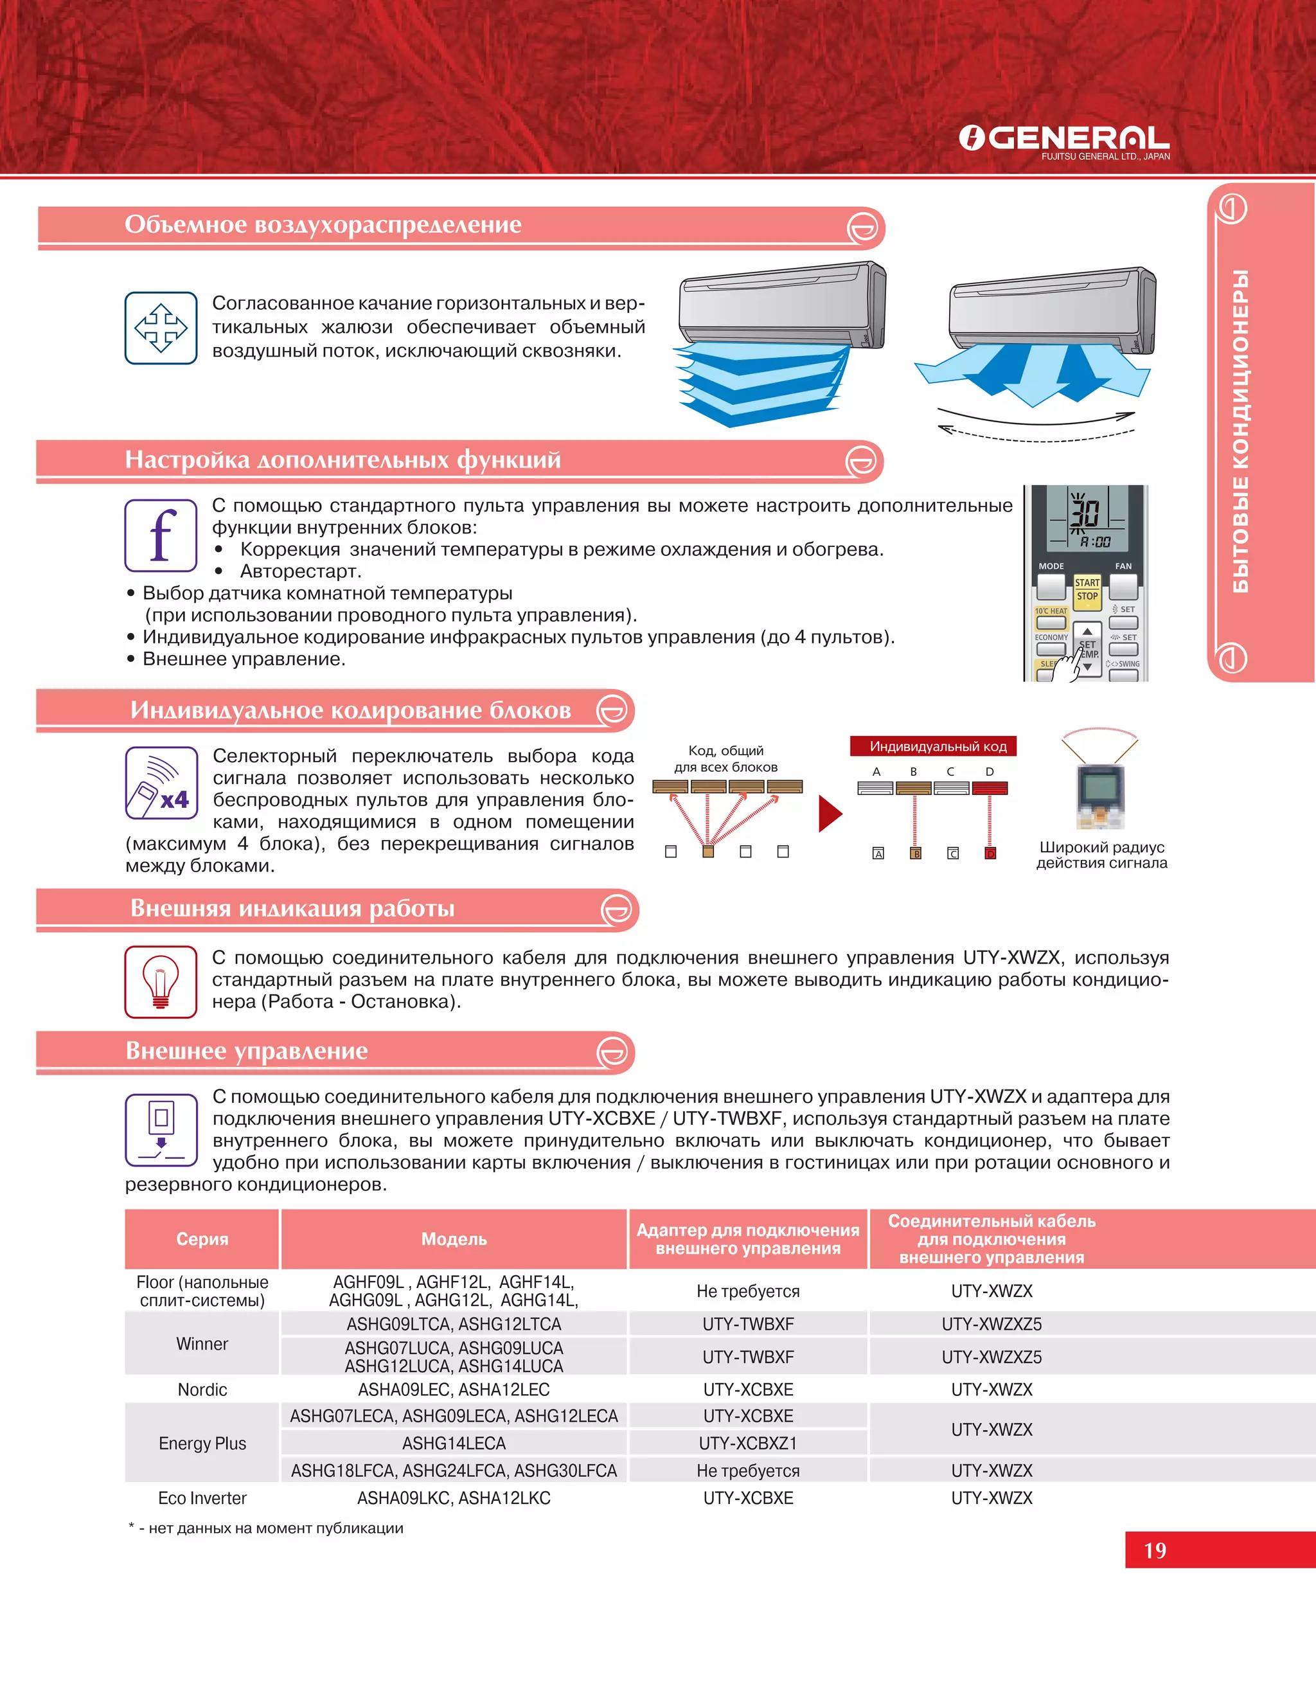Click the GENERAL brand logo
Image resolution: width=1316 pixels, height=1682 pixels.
point(1063,140)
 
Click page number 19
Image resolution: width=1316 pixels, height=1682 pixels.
point(1154,1550)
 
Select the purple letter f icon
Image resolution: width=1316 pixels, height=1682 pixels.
point(161,535)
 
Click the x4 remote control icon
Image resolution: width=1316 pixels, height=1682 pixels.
point(161,783)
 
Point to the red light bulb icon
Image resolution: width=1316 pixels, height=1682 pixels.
point(161,981)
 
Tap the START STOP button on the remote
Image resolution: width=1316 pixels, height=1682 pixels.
point(1087,590)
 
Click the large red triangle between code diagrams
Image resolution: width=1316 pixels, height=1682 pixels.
point(829,814)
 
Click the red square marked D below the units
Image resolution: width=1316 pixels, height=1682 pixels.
point(990,853)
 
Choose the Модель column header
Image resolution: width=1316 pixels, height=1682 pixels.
point(454,1239)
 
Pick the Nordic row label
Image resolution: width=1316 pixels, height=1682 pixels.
point(202,1390)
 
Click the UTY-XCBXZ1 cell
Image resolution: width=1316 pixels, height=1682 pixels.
point(747,1443)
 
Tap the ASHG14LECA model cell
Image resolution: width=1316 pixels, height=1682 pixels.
point(454,1443)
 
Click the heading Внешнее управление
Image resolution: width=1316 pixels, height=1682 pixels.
point(247,1051)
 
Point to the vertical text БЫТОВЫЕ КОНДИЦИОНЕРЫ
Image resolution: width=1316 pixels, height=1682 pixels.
point(1240,431)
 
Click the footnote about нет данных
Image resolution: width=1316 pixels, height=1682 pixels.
point(266,1528)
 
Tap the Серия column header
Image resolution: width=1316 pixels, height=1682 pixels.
point(202,1239)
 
